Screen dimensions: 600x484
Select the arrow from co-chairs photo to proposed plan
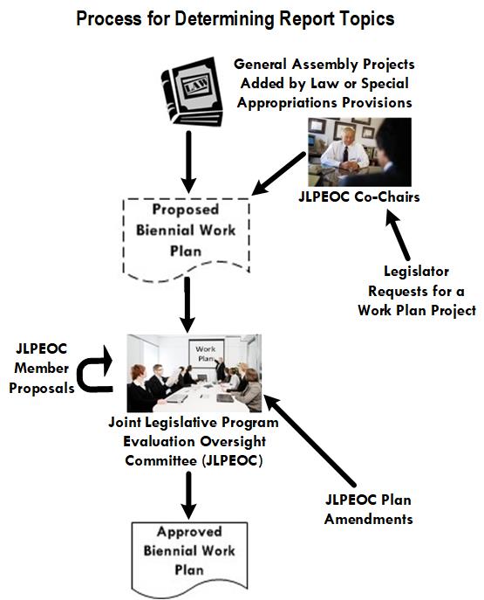(278, 172)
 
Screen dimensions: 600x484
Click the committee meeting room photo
(194, 372)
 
